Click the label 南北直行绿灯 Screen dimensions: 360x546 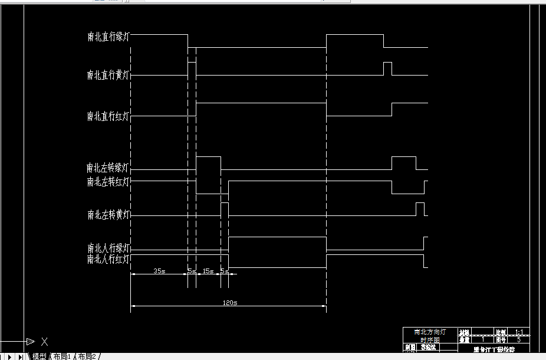click(108, 37)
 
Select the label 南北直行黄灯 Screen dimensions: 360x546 click(108, 75)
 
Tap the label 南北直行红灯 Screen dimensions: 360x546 click(108, 116)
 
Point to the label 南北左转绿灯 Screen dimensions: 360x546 click(108, 168)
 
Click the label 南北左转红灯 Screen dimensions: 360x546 click(108, 182)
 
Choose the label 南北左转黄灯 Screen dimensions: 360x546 click(108, 215)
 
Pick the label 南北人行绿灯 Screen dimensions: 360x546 click(108, 248)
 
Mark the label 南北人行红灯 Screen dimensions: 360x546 click(108, 259)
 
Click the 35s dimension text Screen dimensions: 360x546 click(159, 271)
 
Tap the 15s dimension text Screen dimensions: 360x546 click(208, 271)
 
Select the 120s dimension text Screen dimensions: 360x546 click(229, 303)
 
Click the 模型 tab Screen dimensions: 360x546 click(40, 356)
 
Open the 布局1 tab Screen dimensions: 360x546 click(62, 356)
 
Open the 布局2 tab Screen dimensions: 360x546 click(87, 356)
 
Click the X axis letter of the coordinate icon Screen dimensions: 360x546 click(44, 341)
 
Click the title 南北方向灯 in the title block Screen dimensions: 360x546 click(430, 332)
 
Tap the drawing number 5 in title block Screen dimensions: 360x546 click(519, 340)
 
